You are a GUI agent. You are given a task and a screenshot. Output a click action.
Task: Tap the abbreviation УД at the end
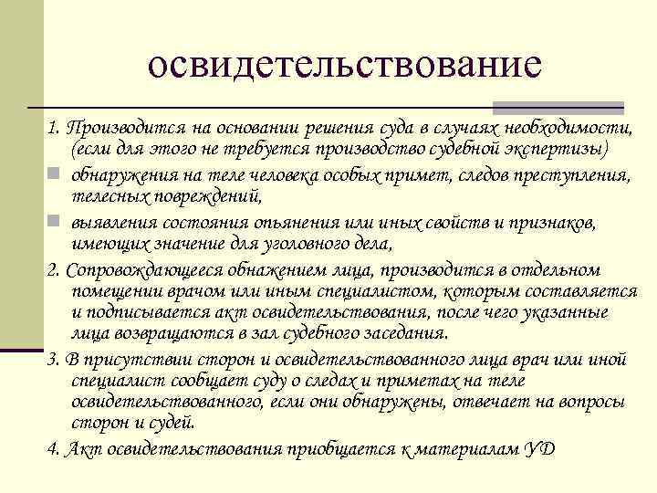point(537,448)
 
